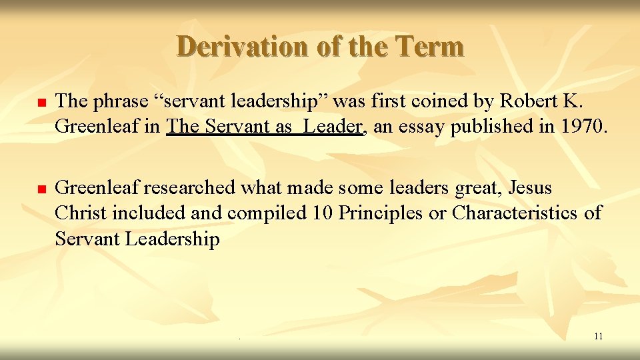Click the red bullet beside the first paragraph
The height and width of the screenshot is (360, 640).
click(40, 103)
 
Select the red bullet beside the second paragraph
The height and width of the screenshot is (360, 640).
click(40, 190)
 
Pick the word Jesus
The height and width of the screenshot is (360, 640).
click(530, 188)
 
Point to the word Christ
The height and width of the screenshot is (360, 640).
click(81, 213)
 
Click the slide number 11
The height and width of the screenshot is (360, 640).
click(598, 336)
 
